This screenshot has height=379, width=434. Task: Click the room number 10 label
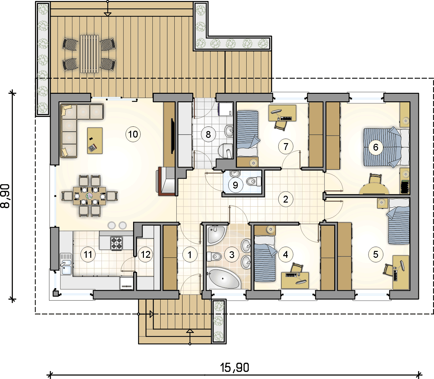(x=133, y=134)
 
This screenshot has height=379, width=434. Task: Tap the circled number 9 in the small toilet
(x=235, y=185)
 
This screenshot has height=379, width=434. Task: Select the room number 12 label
(x=146, y=255)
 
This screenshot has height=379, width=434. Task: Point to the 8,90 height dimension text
(x=5, y=196)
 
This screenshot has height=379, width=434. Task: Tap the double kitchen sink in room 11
(x=66, y=264)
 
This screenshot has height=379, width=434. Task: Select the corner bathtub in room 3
(x=224, y=278)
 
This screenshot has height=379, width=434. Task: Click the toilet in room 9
(x=253, y=181)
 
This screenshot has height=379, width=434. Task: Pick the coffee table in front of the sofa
(x=95, y=140)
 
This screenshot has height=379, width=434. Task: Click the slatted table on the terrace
(x=89, y=54)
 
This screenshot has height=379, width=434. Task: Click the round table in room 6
(x=374, y=189)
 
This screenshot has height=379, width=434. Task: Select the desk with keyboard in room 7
(x=282, y=113)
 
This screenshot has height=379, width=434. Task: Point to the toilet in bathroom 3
(x=214, y=256)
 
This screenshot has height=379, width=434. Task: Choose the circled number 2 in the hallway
(x=286, y=199)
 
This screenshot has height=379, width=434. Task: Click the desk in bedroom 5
(x=401, y=272)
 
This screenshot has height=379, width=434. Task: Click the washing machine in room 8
(x=226, y=109)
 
